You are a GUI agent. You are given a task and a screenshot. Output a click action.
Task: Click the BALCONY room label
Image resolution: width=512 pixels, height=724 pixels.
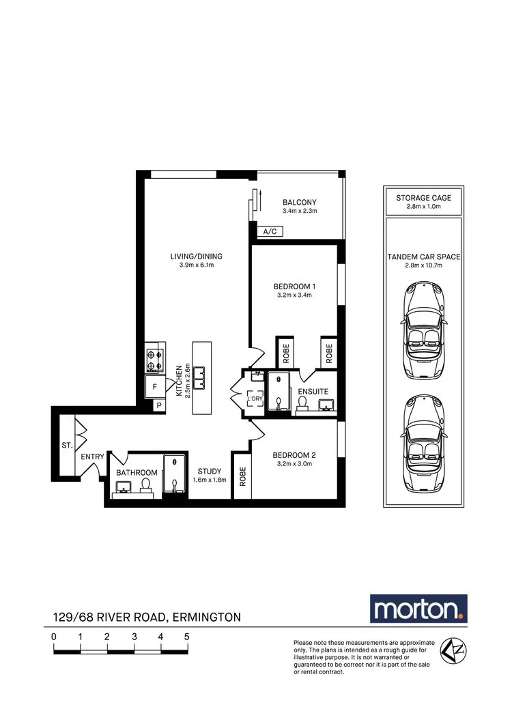(299, 202)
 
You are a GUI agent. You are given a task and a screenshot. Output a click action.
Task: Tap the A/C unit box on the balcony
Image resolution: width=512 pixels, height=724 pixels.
(270, 232)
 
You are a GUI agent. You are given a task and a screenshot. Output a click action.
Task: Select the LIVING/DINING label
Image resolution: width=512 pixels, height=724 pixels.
(197, 257)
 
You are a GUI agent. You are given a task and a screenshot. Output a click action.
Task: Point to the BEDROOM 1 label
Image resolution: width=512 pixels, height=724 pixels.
(294, 286)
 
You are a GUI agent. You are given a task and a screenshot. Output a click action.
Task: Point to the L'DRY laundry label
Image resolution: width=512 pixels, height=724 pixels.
(255, 399)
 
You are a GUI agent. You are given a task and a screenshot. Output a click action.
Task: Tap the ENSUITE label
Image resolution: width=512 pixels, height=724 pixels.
(313, 392)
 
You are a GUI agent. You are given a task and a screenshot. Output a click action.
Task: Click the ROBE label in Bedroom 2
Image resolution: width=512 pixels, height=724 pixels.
(242, 476)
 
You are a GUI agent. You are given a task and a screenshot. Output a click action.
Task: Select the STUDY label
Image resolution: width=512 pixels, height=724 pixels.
(209, 471)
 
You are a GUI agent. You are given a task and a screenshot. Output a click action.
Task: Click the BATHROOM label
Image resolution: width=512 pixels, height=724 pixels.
(137, 473)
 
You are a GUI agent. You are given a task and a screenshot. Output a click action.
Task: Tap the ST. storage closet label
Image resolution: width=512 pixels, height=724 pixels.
(67, 445)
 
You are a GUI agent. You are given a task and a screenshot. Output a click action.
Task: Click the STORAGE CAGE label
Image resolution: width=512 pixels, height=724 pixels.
(423, 198)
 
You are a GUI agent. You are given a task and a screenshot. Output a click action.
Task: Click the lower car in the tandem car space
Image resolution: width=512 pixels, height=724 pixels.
(423, 444)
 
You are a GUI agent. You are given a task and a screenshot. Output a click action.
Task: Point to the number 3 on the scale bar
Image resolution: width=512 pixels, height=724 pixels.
(134, 636)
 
